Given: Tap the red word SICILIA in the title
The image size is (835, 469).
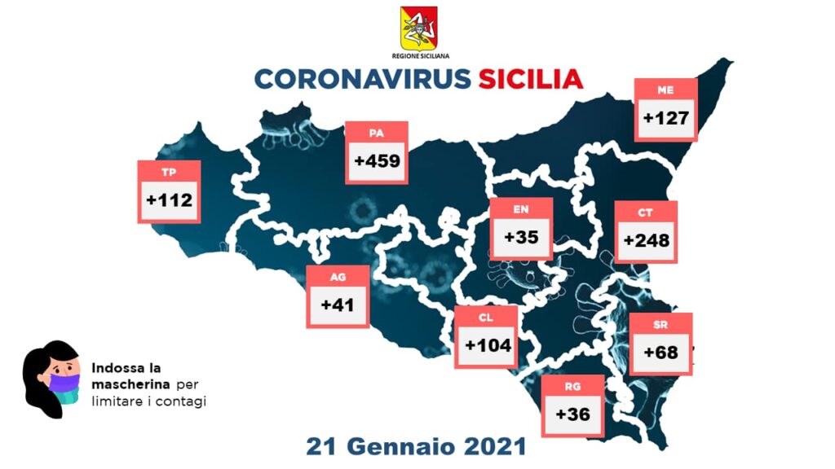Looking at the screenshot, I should tap(530, 79).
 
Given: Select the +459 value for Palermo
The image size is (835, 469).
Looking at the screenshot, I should tap(377, 161).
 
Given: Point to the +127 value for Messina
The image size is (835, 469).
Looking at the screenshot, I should tap(666, 118).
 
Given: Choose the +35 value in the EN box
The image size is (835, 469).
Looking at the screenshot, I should tap(521, 238).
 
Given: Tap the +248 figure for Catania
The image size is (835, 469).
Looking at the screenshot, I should tap(646, 240).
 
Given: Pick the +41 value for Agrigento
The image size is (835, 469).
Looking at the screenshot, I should tap(337, 305).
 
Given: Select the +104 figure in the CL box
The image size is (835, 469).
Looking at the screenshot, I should tap(488, 344).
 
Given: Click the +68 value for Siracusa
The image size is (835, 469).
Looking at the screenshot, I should tap(660, 353).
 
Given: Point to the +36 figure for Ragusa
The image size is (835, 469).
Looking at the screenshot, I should tap(572, 414).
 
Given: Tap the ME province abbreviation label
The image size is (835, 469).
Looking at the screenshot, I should tap(665, 90).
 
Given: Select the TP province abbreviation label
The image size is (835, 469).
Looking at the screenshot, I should tap(169, 172).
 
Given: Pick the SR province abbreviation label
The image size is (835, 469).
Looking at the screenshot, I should tap(660, 324).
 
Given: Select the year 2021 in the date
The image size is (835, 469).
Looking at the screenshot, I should tap(492, 447).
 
